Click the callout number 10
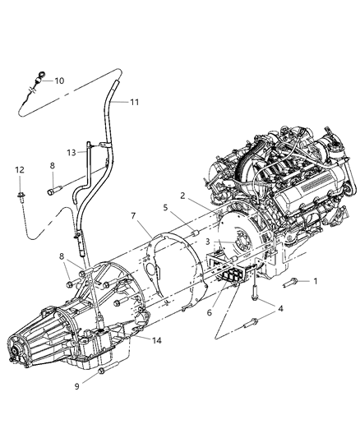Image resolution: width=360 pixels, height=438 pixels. (59, 81)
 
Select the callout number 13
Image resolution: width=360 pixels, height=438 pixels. (72, 152)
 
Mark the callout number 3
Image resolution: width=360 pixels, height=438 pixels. (209, 242)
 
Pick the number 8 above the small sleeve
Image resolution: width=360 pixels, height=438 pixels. (52, 165)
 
